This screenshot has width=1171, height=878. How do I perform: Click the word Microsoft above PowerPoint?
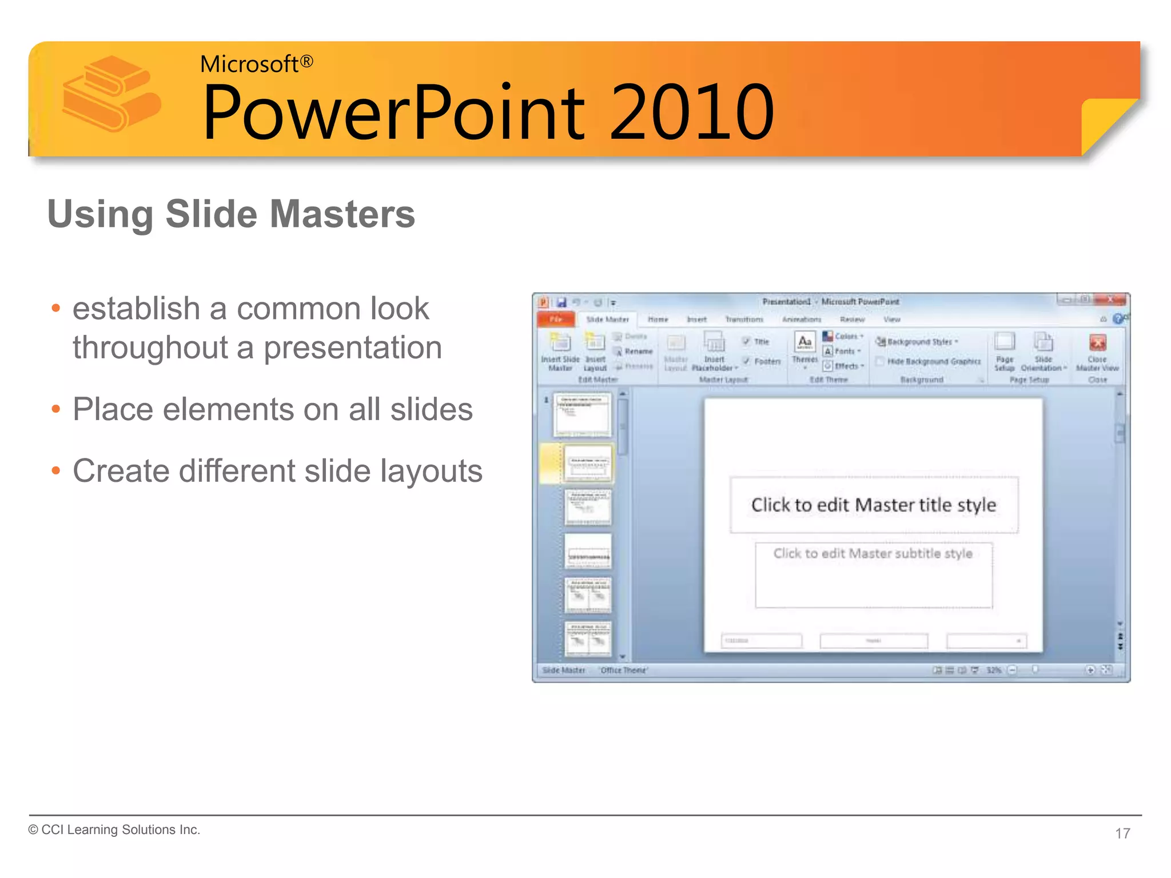(x=249, y=64)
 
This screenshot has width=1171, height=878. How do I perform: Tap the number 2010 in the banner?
(x=691, y=112)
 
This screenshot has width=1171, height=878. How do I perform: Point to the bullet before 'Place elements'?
(x=55, y=409)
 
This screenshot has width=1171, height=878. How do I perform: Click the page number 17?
(x=1122, y=833)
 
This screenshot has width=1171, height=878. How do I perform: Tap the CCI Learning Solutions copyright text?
(x=114, y=829)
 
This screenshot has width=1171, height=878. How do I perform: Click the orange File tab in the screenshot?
(x=556, y=319)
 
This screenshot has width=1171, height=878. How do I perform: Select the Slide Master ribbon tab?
(x=607, y=319)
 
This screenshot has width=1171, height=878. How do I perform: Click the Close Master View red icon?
(x=1097, y=343)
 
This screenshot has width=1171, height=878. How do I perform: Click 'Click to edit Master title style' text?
(x=873, y=505)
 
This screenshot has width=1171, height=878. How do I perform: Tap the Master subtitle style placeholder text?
(x=873, y=553)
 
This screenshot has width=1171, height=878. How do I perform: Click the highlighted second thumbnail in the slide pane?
(x=588, y=463)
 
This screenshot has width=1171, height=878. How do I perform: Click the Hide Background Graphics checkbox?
(x=881, y=361)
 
